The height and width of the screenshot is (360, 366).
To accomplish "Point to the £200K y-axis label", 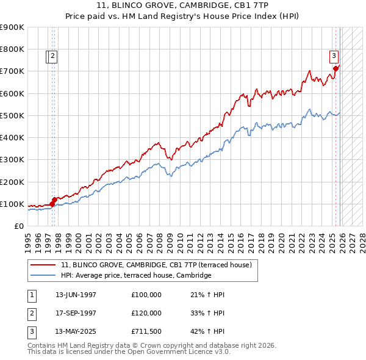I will click(12, 182).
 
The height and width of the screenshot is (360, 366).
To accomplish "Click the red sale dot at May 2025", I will click(335, 68).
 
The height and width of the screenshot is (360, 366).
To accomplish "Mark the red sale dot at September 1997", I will click(54, 199).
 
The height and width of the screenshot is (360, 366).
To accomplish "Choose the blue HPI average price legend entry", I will click(135, 275).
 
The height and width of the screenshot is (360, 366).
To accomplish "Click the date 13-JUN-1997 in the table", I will click(76, 295).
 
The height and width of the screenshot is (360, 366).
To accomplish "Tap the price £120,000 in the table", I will click(146, 313).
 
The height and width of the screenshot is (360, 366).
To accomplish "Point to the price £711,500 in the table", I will click(146, 331).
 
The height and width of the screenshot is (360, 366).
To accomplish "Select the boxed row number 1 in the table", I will click(31, 295).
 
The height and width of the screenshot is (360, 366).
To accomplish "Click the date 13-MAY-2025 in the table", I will click(76, 331).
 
